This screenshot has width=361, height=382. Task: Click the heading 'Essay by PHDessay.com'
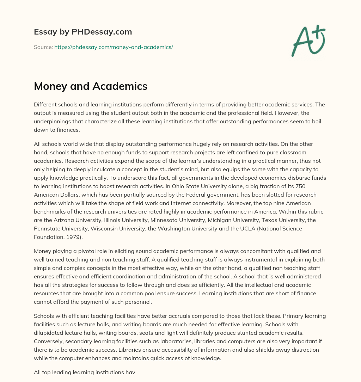(x=83, y=32)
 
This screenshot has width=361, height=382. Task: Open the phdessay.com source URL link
(x=114, y=47)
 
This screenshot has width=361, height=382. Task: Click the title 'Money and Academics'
(x=91, y=86)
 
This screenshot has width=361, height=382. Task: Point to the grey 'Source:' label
(x=43, y=47)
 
